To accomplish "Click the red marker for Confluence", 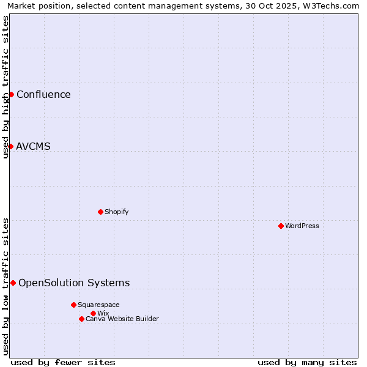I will [11, 94].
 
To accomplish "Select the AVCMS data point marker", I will [10, 146].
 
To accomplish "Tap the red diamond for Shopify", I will [100, 212].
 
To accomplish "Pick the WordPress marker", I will [281, 226].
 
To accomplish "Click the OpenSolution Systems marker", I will [13, 283].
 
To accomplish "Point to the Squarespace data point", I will [73, 305].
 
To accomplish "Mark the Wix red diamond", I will [93, 313].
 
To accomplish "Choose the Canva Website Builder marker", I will [81, 319].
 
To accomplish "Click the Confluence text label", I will [43, 94].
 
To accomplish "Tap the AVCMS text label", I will [33, 146].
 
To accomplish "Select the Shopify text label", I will [116, 212].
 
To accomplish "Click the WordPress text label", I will [302, 226].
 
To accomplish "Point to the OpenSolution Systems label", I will [74, 283].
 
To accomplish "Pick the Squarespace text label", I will [98, 305].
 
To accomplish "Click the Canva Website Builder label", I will [122, 319].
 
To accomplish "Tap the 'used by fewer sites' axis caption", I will [63, 362].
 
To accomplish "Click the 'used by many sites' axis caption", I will [307, 362].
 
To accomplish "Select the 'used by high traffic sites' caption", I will [6, 87].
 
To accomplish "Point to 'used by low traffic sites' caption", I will [6, 286].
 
